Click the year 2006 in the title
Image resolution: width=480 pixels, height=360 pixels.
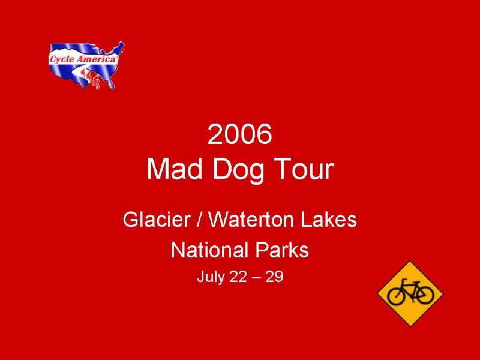pyautogui.click(x=239, y=134)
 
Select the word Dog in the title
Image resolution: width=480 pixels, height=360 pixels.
pyautogui.click(x=238, y=171)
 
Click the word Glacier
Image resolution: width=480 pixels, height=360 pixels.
pyautogui.click(x=157, y=220)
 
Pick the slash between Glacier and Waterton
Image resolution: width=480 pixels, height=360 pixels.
pyautogui.click(x=200, y=220)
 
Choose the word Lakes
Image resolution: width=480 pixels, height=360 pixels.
pyautogui.click(x=329, y=220)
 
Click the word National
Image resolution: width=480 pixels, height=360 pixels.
pyautogui.click(x=209, y=250)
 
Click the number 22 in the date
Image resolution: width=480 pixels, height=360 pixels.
pyautogui.click(x=238, y=277)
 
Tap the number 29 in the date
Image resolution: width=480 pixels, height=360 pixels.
pyautogui.click(x=275, y=277)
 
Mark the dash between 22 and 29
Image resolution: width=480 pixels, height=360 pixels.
pyautogui.click(x=256, y=278)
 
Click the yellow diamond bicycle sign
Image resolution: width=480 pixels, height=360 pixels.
pyautogui.click(x=410, y=294)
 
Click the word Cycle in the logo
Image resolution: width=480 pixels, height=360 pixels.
pyautogui.click(x=62, y=59)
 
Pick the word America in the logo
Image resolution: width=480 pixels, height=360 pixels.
pyautogui.click(x=96, y=59)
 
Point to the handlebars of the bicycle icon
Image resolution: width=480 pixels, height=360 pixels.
pyautogui.click(x=404, y=280)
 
